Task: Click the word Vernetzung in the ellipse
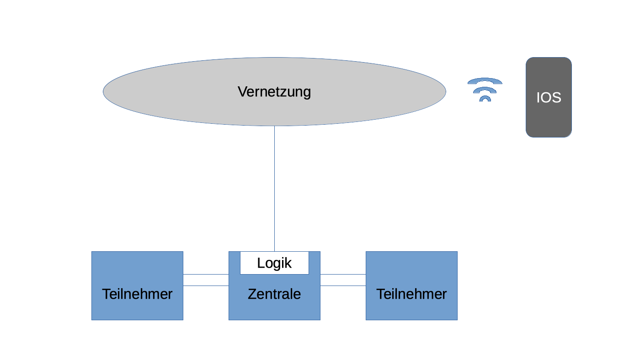coord(274,92)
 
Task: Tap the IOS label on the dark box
coord(549,98)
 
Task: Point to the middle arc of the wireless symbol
coord(485,89)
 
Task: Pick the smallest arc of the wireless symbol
coord(485,97)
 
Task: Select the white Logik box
coord(274,263)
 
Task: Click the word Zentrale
coord(274,294)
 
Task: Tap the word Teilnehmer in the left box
coord(137,294)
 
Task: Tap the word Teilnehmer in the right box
coord(411,294)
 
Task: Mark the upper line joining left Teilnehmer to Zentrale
coord(206,274)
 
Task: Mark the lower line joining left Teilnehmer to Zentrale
coord(206,286)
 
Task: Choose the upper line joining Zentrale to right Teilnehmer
coord(343,274)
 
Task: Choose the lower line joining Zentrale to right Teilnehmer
coord(343,286)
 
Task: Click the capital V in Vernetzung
coord(242,92)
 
